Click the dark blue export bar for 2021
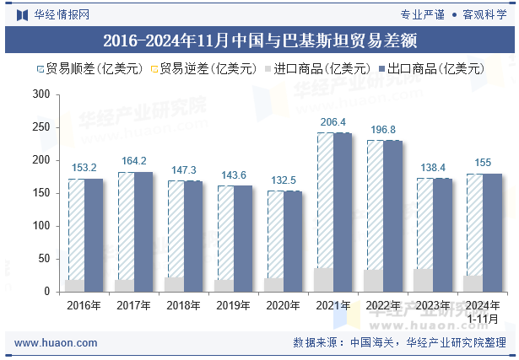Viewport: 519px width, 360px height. (x=343, y=212)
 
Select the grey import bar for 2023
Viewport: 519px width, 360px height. (x=424, y=281)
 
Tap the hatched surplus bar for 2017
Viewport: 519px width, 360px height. (x=127, y=226)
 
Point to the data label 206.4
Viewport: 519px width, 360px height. (x=333, y=122)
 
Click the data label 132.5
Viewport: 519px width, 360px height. (x=284, y=180)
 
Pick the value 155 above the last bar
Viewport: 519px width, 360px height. (x=483, y=163)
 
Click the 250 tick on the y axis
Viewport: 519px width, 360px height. (x=41, y=127)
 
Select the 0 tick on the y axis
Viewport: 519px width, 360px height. (x=46, y=292)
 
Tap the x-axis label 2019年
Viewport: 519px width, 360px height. (x=234, y=305)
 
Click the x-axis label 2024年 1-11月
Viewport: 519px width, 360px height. (x=483, y=312)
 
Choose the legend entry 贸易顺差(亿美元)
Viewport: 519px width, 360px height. (x=90, y=69)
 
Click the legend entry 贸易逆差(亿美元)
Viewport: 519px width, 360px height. (x=204, y=69)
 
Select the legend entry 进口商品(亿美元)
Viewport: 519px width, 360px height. (x=318, y=69)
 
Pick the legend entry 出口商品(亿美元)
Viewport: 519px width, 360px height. (x=431, y=69)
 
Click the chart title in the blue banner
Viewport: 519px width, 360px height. (x=260, y=40)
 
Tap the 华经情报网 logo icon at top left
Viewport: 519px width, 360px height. (x=22, y=15)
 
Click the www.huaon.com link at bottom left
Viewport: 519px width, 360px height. (x=56, y=343)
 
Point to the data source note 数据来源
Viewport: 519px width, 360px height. (x=399, y=342)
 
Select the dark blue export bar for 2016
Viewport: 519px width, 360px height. (x=94, y=235)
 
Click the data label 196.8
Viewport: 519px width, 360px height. (x=383, y=130)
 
